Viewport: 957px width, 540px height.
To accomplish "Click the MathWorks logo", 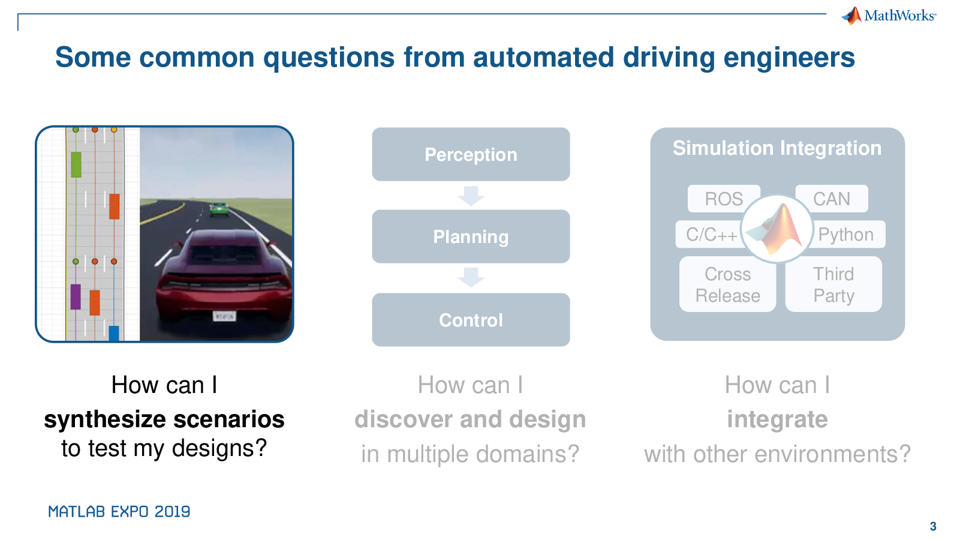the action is click(x=889, y=16).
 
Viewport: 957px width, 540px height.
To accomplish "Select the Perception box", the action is click(x=471, y=154).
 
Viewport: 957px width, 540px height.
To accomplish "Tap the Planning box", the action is click(x=471, y=236).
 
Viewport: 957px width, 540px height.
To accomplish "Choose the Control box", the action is click(x=471, y=320).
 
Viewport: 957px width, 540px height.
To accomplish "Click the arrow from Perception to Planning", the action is click(x=471, y=196).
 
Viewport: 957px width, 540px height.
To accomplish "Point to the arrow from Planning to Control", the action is click(x=471, y=277).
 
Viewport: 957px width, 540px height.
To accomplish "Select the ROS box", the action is click(x=724, y=199).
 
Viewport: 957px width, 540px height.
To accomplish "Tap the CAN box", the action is click(x=832, y=199).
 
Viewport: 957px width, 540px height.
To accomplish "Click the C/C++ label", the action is click(x=711, y=234).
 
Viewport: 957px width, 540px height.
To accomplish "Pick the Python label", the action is click(x=846, y=234).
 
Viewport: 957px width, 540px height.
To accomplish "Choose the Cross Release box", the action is click(x=727, y=284).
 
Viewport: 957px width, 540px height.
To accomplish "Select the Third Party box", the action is click(x=833, y=284).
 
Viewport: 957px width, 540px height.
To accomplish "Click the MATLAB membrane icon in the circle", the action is click(x=776, y=229).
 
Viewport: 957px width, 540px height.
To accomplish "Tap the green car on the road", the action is click(x=219, y=209).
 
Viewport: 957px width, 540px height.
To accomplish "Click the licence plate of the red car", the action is click(x=224, y=316).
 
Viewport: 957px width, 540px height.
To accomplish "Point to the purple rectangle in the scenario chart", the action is click(x=76, y=297).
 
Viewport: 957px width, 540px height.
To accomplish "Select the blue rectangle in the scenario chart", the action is click(x=114, y=334).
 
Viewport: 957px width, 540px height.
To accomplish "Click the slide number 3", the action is click(x=933, y=526).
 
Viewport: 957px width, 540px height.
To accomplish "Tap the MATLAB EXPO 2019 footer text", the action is click(x=119, y=511).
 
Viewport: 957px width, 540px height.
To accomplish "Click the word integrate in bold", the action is click(x=778, y=419).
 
